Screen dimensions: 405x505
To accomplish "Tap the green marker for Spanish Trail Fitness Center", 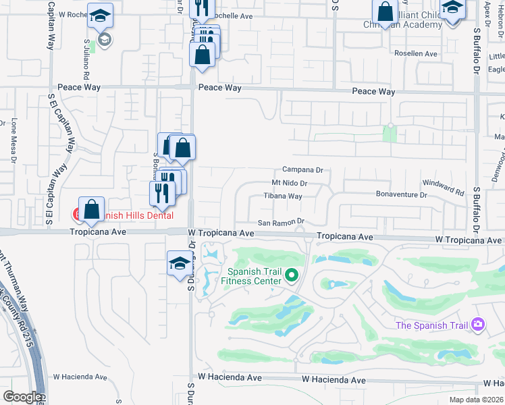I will point(292,275).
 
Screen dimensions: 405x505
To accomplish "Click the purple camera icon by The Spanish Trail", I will point(478,325).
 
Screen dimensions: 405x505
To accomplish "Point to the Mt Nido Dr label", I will point(289,183).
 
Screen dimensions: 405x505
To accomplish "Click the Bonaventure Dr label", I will point(402,194).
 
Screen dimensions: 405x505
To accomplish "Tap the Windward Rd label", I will point(444,188).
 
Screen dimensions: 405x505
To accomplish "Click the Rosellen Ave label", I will point(417,53).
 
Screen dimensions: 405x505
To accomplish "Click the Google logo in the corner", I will point(22,397).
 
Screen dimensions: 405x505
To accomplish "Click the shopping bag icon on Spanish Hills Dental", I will point(91,210).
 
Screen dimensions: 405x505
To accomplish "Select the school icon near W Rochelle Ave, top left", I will point(100,16).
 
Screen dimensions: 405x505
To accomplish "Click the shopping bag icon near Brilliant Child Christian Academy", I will point(385,11).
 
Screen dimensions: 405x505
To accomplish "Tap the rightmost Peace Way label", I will point(373,91).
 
